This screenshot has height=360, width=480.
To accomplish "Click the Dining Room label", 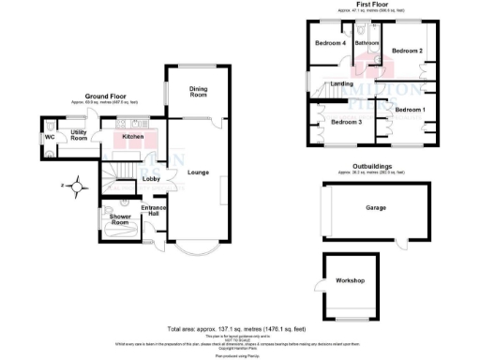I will click(x=198, y=91).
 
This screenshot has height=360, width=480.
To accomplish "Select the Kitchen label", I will click(x=133, y=137).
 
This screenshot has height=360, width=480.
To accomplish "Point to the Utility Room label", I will click(x=79, y=134).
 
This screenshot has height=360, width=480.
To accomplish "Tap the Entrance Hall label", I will click(x=153, y=214).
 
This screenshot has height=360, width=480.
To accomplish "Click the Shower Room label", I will click(x=119, y=219).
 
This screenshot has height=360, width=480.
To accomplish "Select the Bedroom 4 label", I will click(x=330, y=43).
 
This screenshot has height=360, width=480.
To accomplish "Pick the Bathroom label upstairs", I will click(x=367, y=43).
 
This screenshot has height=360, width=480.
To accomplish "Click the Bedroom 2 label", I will click(x=408, y=50).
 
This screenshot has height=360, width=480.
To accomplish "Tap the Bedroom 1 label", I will click(x=410, y=111).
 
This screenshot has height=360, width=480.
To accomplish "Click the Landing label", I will click(x=342, y=83).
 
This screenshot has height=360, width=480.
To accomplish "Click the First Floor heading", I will click(x=373, y=6).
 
